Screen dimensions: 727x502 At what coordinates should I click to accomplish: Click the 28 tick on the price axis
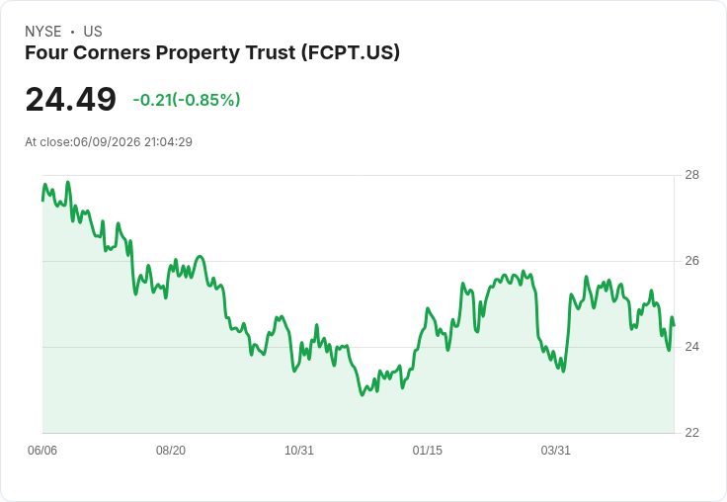691,175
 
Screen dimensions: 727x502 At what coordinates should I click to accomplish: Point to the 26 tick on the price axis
691,261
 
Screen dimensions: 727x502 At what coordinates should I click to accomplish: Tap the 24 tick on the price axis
691,347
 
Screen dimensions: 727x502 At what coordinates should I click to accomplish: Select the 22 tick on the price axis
691,433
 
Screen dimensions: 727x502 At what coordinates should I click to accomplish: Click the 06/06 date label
42,451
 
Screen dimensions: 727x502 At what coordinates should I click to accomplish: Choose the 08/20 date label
171,451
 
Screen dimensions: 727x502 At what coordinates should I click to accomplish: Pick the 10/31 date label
299,451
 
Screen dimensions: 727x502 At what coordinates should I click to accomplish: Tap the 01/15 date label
428,451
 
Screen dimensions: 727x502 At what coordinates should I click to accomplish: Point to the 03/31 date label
555,451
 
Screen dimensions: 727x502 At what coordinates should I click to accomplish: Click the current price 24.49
70,99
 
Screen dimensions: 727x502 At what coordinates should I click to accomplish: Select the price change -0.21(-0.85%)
187,100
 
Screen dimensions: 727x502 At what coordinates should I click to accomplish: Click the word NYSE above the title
43,32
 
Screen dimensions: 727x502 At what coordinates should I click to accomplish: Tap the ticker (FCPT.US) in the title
351,52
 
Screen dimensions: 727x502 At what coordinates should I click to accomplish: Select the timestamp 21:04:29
168,142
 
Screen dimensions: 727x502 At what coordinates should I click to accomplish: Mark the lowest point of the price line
363,395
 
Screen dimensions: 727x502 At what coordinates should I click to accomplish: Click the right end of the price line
674,325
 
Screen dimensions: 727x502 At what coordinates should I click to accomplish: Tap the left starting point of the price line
42,201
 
